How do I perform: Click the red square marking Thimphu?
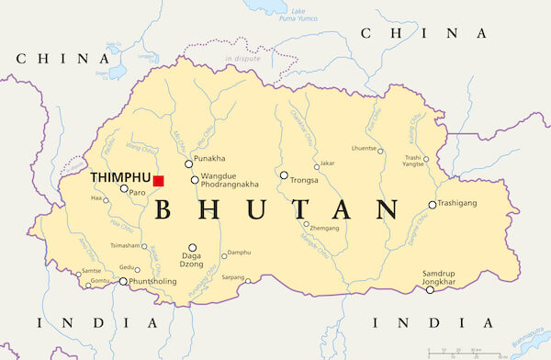[x=158, y=181]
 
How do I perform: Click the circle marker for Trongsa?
[x=284, y=174]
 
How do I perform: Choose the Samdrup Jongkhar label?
[x=439, y=278]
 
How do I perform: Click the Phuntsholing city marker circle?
[x=124, y=282]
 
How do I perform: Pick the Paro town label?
[x=138, y=193]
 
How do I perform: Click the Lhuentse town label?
[x=364, y=149]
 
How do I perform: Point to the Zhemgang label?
[x=325, y=228]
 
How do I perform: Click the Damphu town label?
[x=239, y=253]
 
